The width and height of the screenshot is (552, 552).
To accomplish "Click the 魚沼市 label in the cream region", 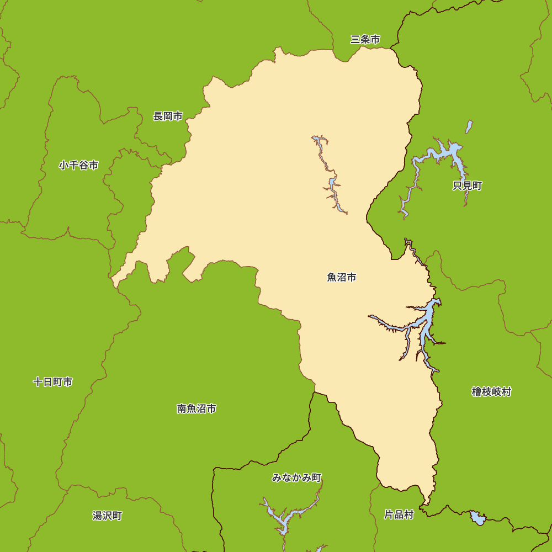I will [341, 277].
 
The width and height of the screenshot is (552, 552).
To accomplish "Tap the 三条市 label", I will [365, 39].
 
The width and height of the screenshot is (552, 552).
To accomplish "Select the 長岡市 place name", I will [168, 116].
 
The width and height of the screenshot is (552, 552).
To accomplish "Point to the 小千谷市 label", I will [78, 165].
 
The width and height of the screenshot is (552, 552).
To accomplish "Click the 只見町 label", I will [467, 185].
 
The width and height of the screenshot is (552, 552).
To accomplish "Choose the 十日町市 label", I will [52, 382].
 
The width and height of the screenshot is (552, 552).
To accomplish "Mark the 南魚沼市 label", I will [196, 408].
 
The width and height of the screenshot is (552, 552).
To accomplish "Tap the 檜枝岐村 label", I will [491, 391].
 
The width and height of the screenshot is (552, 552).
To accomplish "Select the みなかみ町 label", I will [296, 477].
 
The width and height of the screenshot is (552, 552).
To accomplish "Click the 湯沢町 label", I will [107, 516].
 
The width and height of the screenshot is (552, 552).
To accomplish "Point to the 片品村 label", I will [399, 514].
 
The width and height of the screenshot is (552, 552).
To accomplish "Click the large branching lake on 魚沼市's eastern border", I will [425, 320].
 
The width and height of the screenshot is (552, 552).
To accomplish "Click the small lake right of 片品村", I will [478, 518].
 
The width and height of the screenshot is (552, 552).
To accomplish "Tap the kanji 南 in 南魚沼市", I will [182, 408].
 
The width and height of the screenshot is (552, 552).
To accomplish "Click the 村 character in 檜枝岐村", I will [506, 391].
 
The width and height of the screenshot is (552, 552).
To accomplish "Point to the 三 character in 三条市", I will [355, 39].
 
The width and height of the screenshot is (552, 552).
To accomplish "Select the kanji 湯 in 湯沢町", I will [97, 516].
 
